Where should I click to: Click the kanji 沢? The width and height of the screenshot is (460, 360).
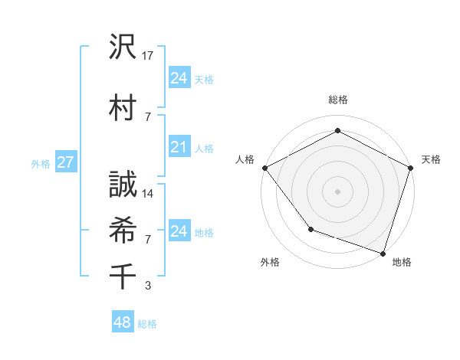123,47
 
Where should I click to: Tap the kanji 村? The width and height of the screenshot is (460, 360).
123,106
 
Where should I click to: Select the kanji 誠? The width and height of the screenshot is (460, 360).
123,183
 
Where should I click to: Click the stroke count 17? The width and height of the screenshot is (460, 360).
148,56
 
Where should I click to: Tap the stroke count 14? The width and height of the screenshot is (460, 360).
148,194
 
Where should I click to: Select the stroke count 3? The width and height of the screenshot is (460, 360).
148,286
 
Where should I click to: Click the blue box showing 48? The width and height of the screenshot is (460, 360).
123,322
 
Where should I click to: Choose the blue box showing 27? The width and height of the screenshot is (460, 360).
65,162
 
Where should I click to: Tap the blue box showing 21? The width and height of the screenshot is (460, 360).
179,147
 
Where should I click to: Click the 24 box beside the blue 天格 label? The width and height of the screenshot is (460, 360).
179,77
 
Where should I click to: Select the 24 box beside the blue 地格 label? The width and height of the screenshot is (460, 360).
179,231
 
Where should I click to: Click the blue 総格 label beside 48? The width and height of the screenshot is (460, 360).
147,324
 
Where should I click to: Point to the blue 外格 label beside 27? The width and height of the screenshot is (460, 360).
40,163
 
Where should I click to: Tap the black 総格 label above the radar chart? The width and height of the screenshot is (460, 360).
337,100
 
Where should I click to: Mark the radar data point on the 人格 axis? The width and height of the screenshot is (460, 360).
264,167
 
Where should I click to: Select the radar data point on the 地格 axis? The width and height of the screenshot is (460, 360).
383,253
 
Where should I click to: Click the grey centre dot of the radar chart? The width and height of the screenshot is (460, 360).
337,191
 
